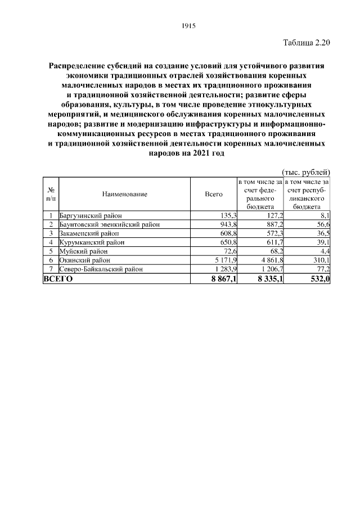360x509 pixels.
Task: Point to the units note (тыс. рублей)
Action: point(305,172)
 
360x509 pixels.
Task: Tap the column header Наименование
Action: point(125,194)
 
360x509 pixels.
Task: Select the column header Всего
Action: point(214,194)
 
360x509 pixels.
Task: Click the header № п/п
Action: point(51,194)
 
